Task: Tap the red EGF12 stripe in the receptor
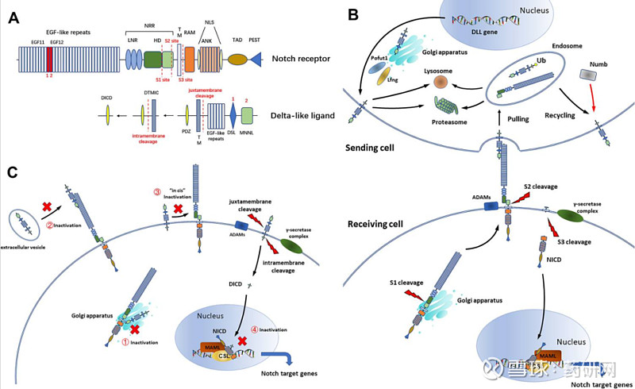pos(49,59)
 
